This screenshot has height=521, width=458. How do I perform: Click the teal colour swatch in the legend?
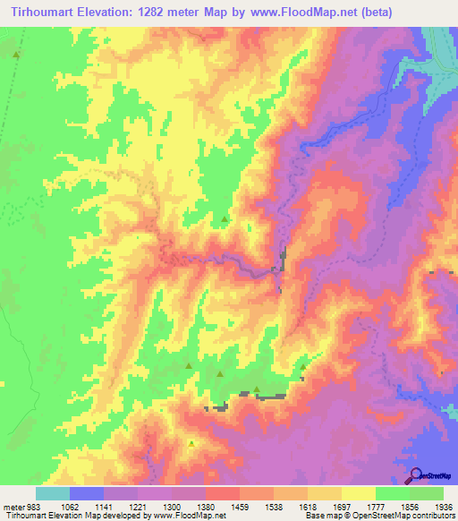[53, 493]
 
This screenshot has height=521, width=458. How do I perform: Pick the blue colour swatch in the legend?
[87, 493]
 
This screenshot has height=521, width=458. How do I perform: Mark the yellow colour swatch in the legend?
[358, 493]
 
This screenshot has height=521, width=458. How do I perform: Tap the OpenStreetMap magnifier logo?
[416, 474]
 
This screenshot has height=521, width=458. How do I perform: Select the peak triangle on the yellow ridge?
[191, 442]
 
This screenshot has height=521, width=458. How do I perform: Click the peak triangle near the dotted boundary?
[16, 56]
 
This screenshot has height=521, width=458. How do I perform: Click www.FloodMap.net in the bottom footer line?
[191, 517]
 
